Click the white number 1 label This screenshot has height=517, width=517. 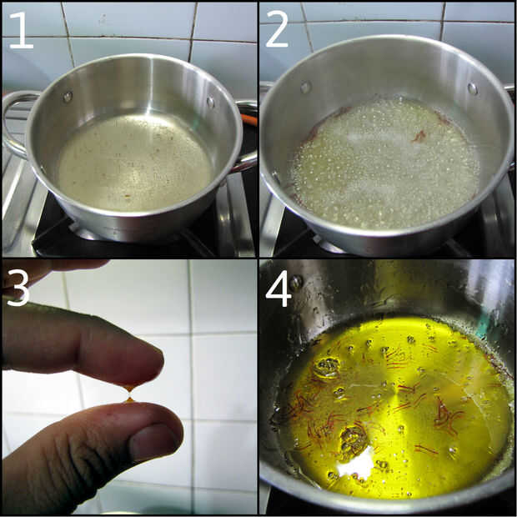tap(23, 30)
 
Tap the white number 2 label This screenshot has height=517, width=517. tap(278, 29)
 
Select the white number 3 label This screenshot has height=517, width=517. tap(18, 288)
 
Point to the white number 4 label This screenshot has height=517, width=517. tap(279, 288)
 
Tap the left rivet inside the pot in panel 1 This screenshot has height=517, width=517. tap(68, 97)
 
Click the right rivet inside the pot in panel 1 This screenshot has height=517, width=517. tap(210, 102)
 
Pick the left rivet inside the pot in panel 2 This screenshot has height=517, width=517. tap(306, 88)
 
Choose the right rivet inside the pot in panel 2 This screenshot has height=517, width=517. tap(473, 88)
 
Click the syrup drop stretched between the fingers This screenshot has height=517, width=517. tap(129, 394)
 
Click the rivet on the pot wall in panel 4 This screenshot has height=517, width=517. tap(296, 282)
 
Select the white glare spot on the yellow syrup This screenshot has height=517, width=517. tap(357, 464)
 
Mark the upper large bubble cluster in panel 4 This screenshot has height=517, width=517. tap(327, 367)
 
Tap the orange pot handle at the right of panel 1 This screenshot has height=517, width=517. tap(249, 118)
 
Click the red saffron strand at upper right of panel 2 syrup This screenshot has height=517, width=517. tap(419, 136)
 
